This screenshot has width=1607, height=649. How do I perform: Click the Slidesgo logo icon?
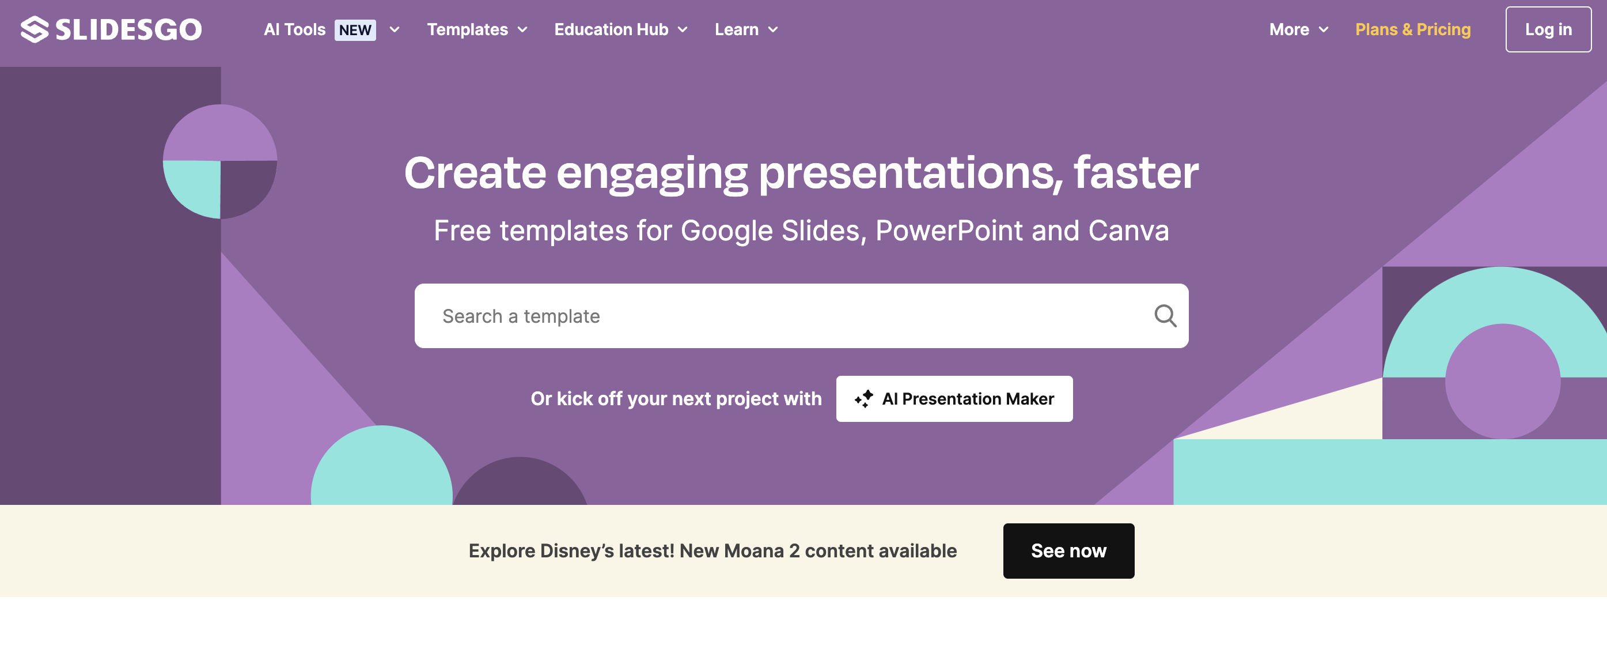coord(35,29)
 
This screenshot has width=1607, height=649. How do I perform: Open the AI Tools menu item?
coord(294,29)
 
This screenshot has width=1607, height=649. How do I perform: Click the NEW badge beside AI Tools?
coord(355,30)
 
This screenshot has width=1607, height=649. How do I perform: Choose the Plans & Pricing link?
coord(1413,29)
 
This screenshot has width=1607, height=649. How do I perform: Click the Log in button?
coord(1548,29)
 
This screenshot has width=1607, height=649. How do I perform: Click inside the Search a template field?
coord(780,316)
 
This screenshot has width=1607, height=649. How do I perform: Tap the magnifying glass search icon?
coord(1165,316)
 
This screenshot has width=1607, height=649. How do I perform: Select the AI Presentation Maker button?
coord(954,399)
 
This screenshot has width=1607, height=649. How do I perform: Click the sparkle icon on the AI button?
coord(864,399)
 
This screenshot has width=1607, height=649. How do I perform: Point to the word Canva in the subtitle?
coord(1128,231)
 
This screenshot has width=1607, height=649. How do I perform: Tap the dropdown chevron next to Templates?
coord(523,29)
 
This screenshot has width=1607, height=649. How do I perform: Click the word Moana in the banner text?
coord(753,550)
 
